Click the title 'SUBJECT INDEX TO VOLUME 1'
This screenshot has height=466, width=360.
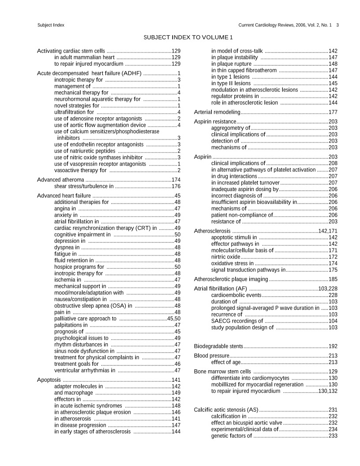coord(188,37)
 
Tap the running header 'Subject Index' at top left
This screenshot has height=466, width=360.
coord(51,25)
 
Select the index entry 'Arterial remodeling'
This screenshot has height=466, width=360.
coord(217,112)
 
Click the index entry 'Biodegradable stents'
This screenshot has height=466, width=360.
coord(218,346)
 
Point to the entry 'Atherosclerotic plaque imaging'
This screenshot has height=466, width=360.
coord(231,279)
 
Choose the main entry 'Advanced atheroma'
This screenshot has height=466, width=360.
coord(60,180)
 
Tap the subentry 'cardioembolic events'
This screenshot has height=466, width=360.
coord(236,295)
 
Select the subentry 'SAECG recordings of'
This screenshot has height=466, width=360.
coord(237,321)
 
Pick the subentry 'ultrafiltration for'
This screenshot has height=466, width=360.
coord(74,112)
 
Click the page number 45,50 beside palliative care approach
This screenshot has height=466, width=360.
coord(174,318)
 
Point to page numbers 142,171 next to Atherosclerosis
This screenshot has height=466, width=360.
coord(328,231)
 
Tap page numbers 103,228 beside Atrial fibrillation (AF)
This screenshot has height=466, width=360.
coord(328,289)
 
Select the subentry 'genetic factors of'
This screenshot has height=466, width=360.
coord(232,436)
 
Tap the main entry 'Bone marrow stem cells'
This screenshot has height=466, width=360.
coord(222,372)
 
